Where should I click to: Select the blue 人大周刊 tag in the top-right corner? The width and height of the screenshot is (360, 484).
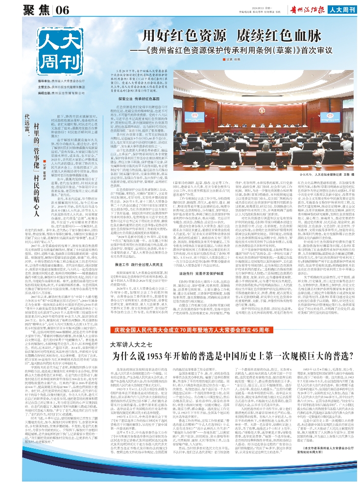tap(343, 8)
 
